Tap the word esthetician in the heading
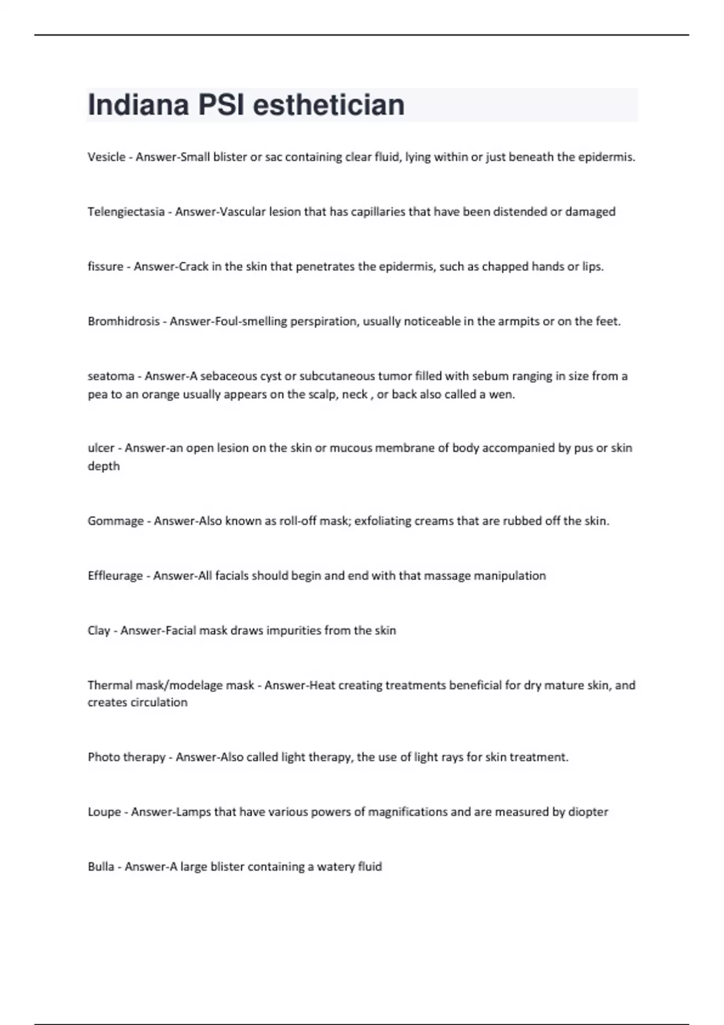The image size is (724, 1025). (x=328, y=105)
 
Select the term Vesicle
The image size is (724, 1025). (x=106, y=157)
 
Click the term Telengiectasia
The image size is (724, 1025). (x=125, y=212)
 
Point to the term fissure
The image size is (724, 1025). (x=105, y=266)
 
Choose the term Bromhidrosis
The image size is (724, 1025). (x=123, y=321)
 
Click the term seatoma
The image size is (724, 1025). (x=110, y=376)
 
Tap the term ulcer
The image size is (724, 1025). (x=101, y=448)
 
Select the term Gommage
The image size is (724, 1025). (x=115, y=521)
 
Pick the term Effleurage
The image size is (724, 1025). (x=115, y=576)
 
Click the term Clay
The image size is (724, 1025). (x=98, y=631)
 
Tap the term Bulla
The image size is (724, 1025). (x=100, y=867)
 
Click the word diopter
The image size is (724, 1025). (x=588, y=812)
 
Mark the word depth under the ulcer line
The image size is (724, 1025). (x=103, y=466)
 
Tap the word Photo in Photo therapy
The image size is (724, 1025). (x=103, y=757)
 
